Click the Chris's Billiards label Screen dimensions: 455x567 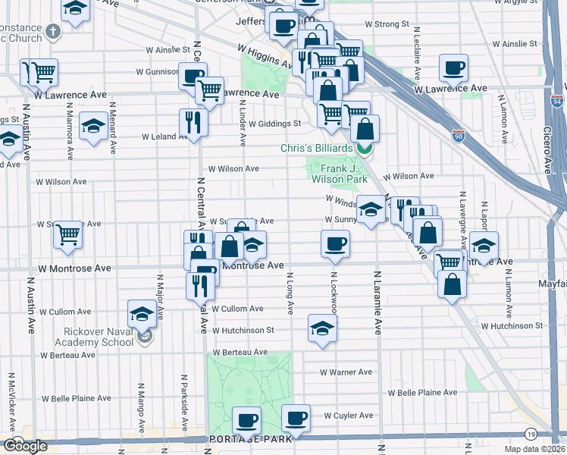pos(313,147)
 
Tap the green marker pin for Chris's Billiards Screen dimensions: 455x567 pos(365,148)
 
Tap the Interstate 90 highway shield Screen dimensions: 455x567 pos(459,135)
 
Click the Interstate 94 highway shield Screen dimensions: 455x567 pos(557,100)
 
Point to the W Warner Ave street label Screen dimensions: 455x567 pos(346,372)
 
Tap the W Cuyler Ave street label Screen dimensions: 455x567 pos(349,416)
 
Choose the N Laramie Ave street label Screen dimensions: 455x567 pos(376,303)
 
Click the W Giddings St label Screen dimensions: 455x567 pos(276,124)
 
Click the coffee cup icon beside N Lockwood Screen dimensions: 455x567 pos(335,243)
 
